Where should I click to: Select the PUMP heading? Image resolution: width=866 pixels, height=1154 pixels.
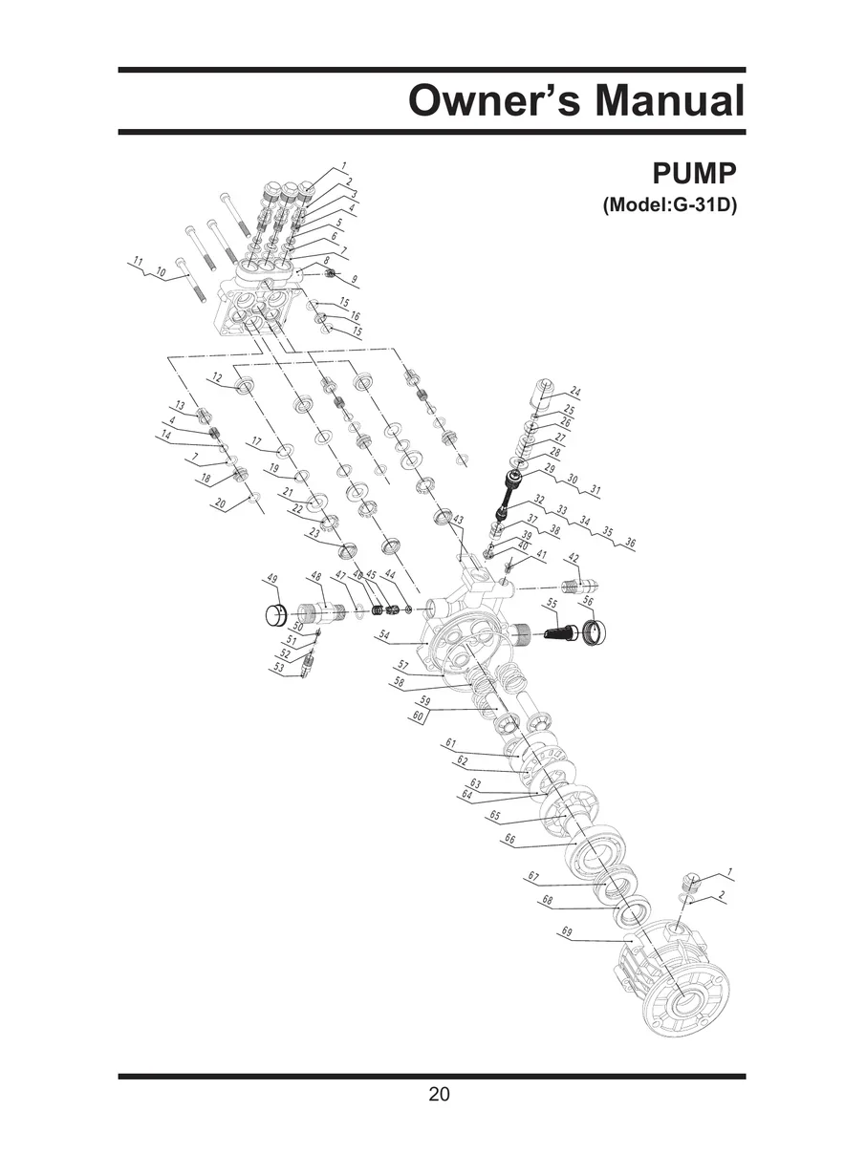click(x=695, y=175)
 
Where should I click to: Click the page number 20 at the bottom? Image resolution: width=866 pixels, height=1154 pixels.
click(x=439, y=1095)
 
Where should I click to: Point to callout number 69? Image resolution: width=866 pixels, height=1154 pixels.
click(x=567, y=931)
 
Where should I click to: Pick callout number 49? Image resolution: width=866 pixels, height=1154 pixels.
click(x=271, y=580)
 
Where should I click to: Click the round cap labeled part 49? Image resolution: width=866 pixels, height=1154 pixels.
click(x=275, y=613)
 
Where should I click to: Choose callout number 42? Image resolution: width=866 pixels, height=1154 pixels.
click(x=574, y=558)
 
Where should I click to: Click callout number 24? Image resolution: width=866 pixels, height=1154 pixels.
click(x=574, y=391)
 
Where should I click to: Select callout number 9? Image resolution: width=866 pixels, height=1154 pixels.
click(x=355, y=280)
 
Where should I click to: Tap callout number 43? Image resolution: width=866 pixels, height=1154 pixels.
click(x=458, y=520)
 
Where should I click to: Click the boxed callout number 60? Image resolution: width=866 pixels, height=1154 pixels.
click(x=418, y=716)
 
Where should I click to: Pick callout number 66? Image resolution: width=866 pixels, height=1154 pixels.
click(x=509, y=840)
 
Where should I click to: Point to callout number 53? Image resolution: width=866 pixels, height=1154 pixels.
click(x=279, y=668)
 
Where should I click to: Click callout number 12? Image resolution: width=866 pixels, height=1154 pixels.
click(x=217, y=378)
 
